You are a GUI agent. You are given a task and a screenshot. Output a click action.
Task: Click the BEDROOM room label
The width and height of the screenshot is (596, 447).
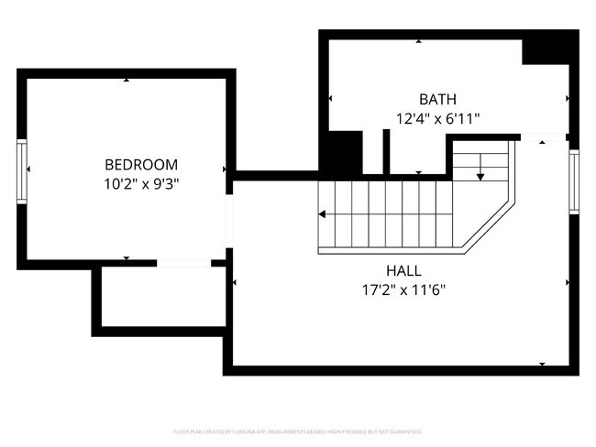click(140, 165)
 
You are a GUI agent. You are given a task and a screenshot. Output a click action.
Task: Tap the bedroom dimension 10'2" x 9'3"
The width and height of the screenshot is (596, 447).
click(140, 183)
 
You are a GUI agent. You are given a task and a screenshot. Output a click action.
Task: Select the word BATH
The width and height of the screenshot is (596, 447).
click(437, 99)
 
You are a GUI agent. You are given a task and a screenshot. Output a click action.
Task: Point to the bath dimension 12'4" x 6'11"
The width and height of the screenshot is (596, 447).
click(437, 118)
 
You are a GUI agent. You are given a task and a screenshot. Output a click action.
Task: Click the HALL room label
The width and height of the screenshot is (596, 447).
click(403, 271)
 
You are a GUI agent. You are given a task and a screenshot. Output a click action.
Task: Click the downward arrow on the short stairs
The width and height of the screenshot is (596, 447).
click(480, 173)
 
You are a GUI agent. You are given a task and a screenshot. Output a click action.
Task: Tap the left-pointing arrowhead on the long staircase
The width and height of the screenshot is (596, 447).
click(323, 214)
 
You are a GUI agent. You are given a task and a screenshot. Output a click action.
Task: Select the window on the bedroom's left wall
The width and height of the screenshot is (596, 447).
click(22, 169)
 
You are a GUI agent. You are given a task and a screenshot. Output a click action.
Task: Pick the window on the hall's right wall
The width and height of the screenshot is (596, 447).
click(573, 180)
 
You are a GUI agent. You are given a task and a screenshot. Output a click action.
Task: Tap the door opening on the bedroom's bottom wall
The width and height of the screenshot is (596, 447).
click(183, 264)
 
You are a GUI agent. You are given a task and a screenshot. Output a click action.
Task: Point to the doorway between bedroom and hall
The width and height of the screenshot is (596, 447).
click(230, 219)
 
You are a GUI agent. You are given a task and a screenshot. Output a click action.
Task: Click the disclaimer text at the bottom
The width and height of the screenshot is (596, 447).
click(298, 431)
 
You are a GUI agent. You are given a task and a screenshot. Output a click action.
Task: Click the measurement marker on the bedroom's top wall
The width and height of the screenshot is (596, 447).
click(127, 80)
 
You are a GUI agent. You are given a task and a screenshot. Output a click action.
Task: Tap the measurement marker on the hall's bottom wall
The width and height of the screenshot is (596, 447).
click(541, 365)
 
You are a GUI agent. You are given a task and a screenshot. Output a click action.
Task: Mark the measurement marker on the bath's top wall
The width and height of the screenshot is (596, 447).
click(420, 41)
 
